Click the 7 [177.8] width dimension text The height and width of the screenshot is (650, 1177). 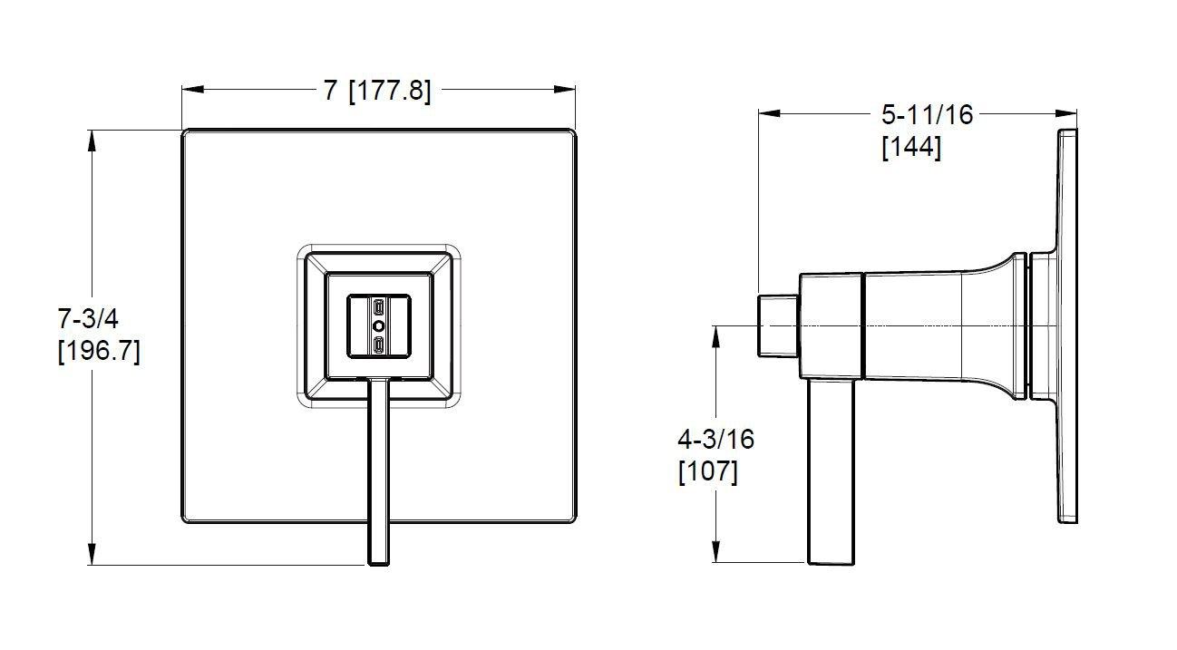pos(376,92)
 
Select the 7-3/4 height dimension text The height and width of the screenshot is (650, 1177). pos(88,318)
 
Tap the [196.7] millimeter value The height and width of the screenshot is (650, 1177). pos(100,351)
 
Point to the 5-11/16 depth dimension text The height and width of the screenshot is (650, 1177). pos(927,115)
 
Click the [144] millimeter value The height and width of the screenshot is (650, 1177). pos(911,147)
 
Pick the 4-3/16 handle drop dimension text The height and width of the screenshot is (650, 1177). pos(715,440)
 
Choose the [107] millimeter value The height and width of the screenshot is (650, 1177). pos(708,471)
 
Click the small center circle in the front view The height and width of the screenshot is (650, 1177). pos(378,326)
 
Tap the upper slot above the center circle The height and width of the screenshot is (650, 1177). pos(378,307)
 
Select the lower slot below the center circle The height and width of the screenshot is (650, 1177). pos(378,345)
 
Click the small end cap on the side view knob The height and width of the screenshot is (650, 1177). pos(779,326)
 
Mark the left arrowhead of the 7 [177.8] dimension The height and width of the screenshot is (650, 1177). pos(192,90)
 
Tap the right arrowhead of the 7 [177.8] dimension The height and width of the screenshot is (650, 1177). pos(564,90)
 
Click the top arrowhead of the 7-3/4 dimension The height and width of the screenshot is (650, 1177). pos(92,141)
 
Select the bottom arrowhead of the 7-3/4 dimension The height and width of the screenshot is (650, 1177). pos(92,554)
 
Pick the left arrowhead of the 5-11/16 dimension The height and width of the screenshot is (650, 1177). pos(769,113)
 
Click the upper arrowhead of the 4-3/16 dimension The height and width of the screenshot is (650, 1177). pos(715,337)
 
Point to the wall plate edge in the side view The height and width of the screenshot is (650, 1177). pos(1067,325)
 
